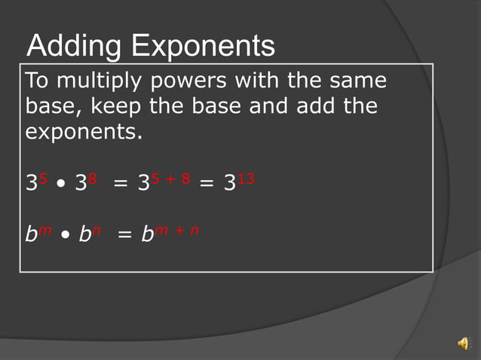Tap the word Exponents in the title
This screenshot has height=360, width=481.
click(x=203, y=47)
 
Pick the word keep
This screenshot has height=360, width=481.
click(x=117, y=106)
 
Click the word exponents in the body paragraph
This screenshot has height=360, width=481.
click(x=82, y=133)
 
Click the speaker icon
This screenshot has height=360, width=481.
click(x=463, y=343)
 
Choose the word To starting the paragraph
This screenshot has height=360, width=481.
click(x=37, y=80)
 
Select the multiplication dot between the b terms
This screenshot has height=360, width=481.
click(x=66, y=236)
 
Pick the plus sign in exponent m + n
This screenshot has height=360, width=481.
click(x=179, y=230)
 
